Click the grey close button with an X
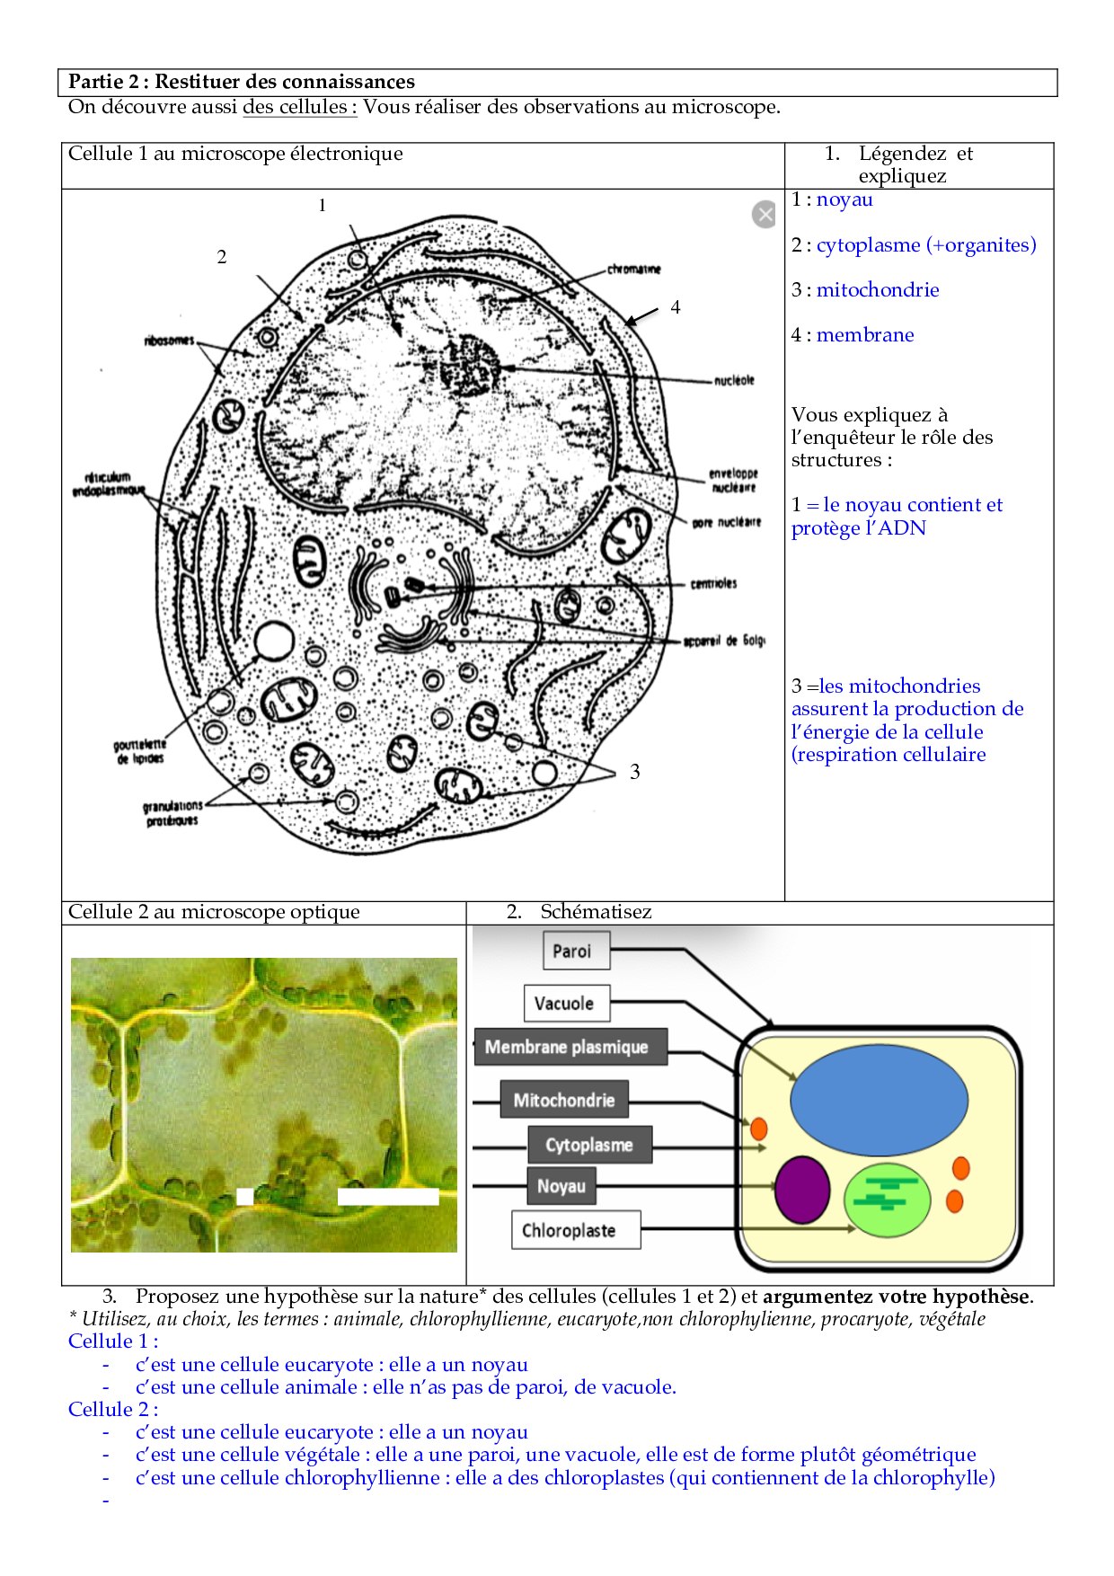pos(764,214)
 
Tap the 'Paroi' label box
pos(576,951)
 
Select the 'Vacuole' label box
pos(566,1004)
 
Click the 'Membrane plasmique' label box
pos(570,1047)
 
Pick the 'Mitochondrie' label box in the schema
pos(564,1100)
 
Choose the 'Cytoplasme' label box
pos(589,1145)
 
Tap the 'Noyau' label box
pos(561,1186)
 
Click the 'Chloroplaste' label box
pos(576,1230)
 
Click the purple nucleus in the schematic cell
pos(801,1190)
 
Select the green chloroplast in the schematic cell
pos(888,1199)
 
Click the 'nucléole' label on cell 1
pos(734,380)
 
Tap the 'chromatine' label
pos(633,269)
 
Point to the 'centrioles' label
pos(713,584)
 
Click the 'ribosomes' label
pos(169,340)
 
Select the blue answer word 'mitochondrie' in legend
pos(878,290)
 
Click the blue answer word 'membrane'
pos(865,335)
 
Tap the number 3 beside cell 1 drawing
pos(635,772)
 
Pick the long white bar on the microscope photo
pos(388,1197)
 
